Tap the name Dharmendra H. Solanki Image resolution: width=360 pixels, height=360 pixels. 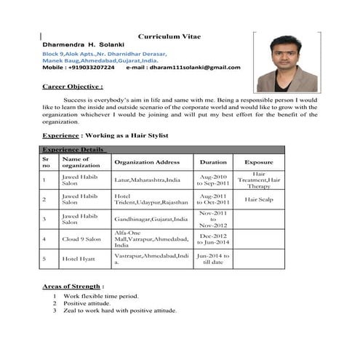[84, 44]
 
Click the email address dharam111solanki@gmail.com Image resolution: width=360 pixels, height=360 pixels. [193, 68]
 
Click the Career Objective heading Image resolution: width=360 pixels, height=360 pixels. [73, 86]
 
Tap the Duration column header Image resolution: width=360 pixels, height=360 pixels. [213, 162]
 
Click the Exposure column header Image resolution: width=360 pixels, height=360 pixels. [259, 162]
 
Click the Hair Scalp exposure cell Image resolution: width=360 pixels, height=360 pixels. [259, 199]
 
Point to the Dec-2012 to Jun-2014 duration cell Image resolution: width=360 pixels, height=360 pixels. [213, 239]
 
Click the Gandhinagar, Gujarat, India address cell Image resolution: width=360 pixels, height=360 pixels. [151, 218]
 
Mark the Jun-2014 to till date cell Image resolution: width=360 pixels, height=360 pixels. [213, 258]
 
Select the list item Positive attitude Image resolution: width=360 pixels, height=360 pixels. [89, 303]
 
